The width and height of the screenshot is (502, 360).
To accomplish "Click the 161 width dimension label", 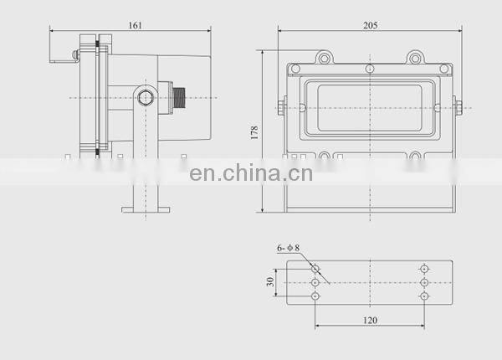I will tap(135, 25).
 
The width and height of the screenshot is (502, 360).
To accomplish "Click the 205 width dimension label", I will tap(370, 25).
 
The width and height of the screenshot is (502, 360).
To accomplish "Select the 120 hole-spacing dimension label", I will tap(370, 320).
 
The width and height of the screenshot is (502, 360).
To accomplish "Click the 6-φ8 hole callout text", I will tap(288, 248).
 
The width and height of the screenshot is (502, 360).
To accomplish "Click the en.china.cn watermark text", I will tap(251, 174).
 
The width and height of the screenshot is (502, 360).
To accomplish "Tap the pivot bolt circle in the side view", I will tap(146, 97).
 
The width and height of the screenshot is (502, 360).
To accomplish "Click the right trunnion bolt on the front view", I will tap(458, 105).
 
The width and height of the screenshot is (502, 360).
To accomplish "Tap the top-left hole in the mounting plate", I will tap(315, 268).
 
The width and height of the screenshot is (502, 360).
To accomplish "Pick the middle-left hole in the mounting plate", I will tap(315, 283).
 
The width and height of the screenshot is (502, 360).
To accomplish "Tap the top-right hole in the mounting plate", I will tap(424, 268).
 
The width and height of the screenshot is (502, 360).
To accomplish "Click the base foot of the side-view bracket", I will tap(146, 208).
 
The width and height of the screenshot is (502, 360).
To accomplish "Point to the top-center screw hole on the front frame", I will tap(370, 67).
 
